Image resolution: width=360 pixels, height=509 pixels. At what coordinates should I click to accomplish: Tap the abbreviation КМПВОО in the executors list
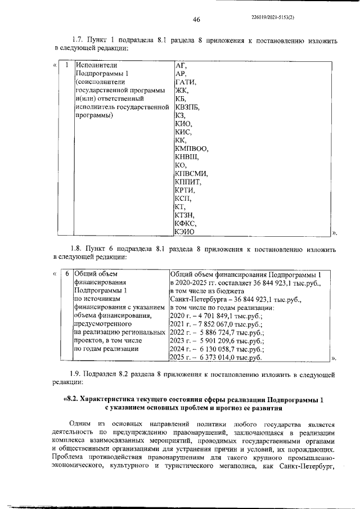click(192, 148)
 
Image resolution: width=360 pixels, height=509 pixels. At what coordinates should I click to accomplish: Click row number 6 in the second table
click(66, 274)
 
